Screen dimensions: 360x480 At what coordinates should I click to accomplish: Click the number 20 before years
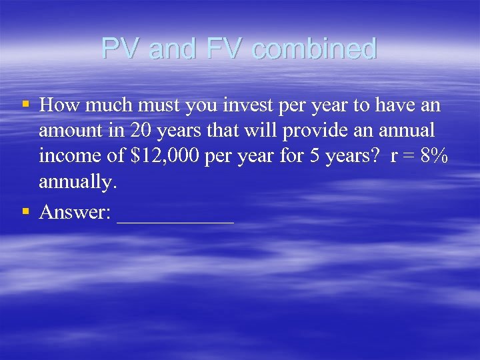142,131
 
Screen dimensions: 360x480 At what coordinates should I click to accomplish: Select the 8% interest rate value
435,156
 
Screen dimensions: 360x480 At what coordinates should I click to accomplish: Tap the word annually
77,181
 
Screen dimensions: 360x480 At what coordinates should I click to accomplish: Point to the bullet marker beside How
25,105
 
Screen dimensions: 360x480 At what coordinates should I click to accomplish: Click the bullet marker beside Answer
25,211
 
